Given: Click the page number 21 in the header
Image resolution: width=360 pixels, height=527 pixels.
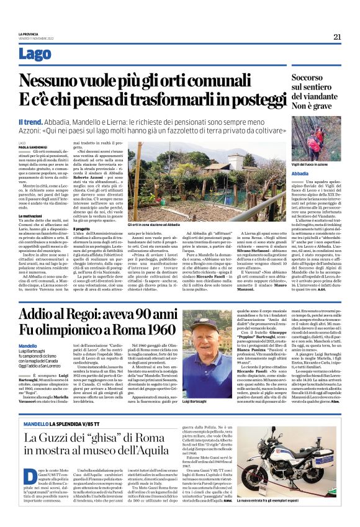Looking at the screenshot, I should (338, 37).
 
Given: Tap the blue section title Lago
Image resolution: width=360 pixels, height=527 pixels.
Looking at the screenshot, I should (35, 55).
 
